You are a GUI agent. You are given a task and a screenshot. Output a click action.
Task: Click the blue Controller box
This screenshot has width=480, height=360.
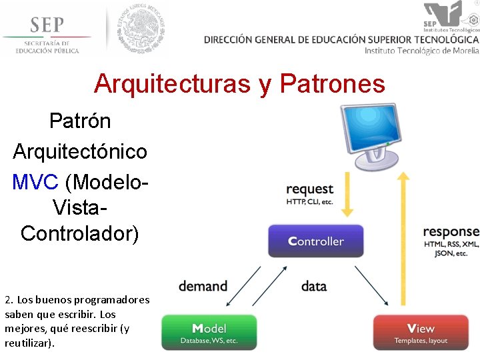(x=315, y=241)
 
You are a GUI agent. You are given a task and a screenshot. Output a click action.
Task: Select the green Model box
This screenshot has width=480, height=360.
(x=209, y=333)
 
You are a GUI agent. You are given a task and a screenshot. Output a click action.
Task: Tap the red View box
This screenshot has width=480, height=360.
(x=421, y=333)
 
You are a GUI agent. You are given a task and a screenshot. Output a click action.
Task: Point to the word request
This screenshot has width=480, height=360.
(x=309, y=189)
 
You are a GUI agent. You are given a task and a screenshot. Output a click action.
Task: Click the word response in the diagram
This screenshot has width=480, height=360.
(x=451, y=232)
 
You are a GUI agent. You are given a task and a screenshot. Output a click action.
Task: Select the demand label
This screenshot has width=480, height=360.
(x=203, y=286)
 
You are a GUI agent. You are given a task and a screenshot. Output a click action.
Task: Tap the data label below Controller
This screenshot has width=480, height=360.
(x=313, y=286)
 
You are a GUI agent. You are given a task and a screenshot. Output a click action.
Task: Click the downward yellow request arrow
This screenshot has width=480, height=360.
(x=347, y=194)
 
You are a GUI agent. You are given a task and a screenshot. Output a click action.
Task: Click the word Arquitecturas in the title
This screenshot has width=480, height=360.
(x=169, y=84)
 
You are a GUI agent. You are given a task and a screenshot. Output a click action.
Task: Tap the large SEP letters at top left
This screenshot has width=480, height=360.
(x=47, y=25)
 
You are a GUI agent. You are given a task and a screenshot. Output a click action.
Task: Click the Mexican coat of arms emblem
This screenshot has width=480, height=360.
(x=141, y=28)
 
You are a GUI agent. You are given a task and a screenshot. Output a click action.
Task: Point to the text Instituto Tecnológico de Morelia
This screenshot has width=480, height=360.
(x=421, y=51)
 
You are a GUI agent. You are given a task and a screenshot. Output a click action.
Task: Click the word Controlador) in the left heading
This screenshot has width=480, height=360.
(x=80, y=233)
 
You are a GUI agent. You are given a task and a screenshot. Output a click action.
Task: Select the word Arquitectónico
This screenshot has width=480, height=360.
(x=80, y=151)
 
